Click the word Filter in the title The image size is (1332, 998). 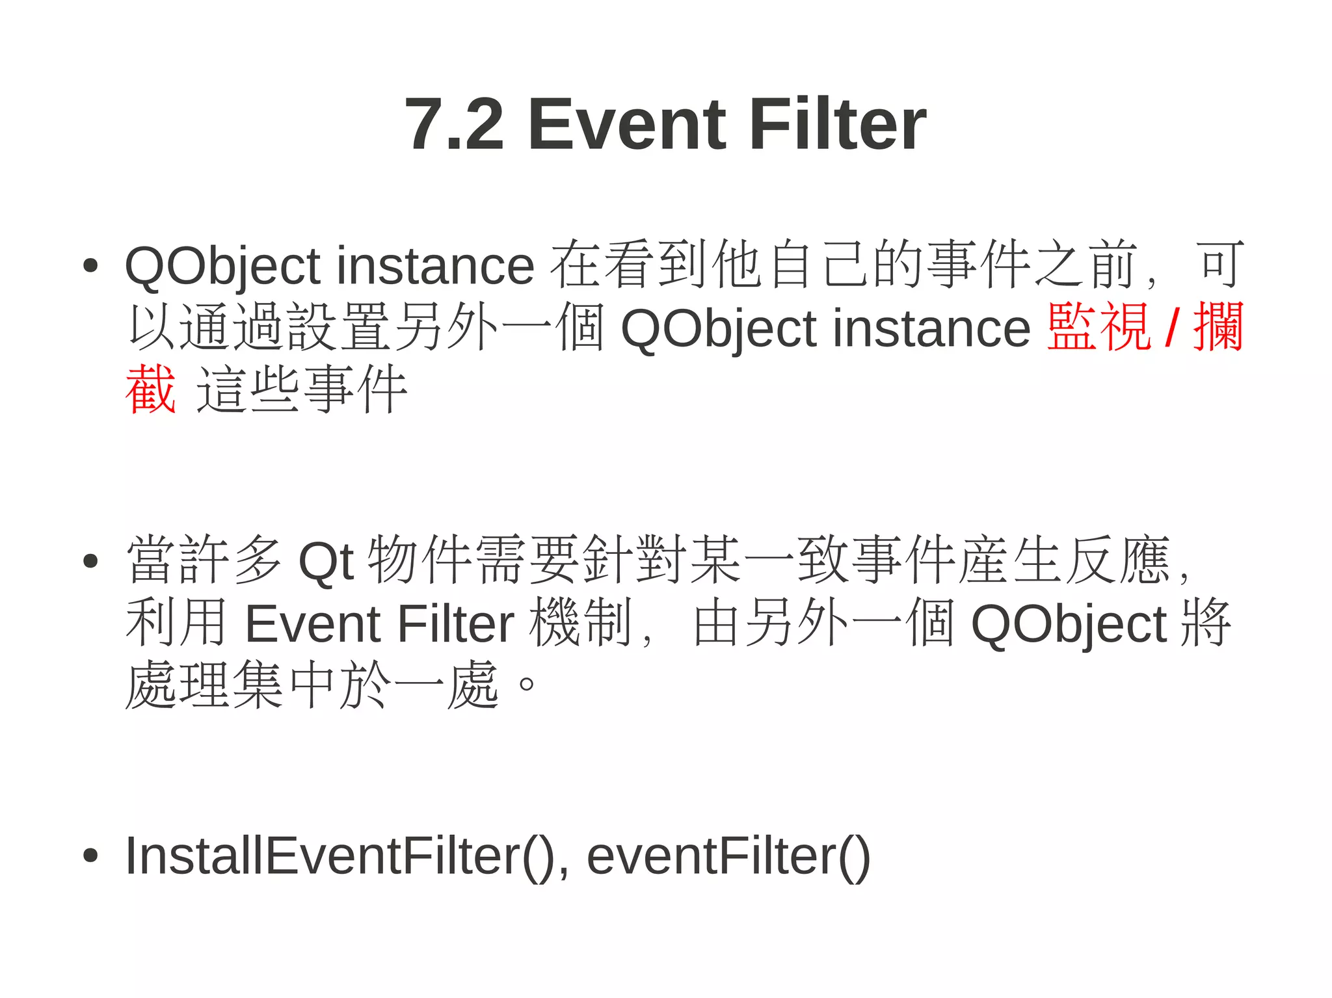(x=838, y=124)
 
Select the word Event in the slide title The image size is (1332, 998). (x=627, y=124)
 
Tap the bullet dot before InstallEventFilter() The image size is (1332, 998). (x=90, y=856)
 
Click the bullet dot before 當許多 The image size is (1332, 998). (x=90, y=560)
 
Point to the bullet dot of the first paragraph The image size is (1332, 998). (x=90, y=265)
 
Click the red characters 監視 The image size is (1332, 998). (x=1100, y=328)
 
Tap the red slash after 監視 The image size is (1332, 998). (x=1171, y=328)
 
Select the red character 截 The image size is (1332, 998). (x=150, y=389)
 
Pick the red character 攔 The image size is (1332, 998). (x=1218, y=328)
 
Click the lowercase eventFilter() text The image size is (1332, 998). (x=728, y=857)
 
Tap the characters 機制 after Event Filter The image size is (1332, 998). (x=580, y=623)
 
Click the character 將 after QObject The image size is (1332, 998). (x=1205, y=623)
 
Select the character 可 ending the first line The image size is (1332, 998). (x=1221, y=265)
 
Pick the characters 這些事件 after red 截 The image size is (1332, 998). (x=302, y=389)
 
